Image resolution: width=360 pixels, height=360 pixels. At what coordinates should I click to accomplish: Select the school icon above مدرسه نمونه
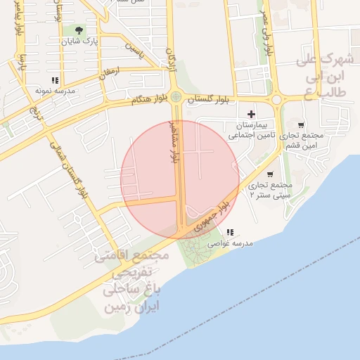click(55, 81)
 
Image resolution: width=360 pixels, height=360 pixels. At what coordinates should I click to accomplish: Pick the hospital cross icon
click(251, 114)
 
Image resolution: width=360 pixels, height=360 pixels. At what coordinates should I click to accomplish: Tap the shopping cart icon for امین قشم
click(301, 125)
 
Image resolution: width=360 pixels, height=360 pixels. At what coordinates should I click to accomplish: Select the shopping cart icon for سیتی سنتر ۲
click(271, 174)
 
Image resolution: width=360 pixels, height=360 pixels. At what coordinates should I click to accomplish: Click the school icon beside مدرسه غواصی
click(229, 232)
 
